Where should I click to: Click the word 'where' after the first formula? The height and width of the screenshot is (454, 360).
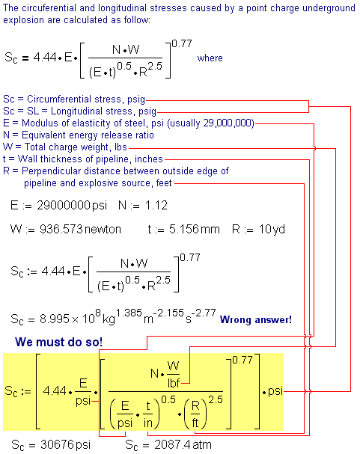(210, 58)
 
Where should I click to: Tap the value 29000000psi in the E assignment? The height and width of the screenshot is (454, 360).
(72, 206)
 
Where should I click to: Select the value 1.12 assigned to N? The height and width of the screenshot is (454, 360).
(156, 206)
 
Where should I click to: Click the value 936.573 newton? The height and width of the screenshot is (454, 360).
(80, 230)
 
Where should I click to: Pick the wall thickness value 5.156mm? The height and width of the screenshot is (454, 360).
(195, 230)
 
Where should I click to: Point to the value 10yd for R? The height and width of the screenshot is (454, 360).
(272, 230)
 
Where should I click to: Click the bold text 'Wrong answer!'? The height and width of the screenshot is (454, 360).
(256, 319)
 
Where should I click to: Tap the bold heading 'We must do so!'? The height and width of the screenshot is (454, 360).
(59, 342)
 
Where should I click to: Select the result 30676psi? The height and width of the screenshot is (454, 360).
(65, 444)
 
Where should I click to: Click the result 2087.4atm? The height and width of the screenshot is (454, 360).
(183, 444)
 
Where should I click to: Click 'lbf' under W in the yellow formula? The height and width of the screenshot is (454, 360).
(174, 384)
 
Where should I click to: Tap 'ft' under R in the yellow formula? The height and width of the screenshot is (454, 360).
(195, 423)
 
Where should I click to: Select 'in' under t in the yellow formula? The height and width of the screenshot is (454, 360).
(148, 423)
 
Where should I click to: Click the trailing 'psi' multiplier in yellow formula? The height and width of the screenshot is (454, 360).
(275, 391)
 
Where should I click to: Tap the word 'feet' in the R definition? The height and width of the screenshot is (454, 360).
(164, 183)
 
